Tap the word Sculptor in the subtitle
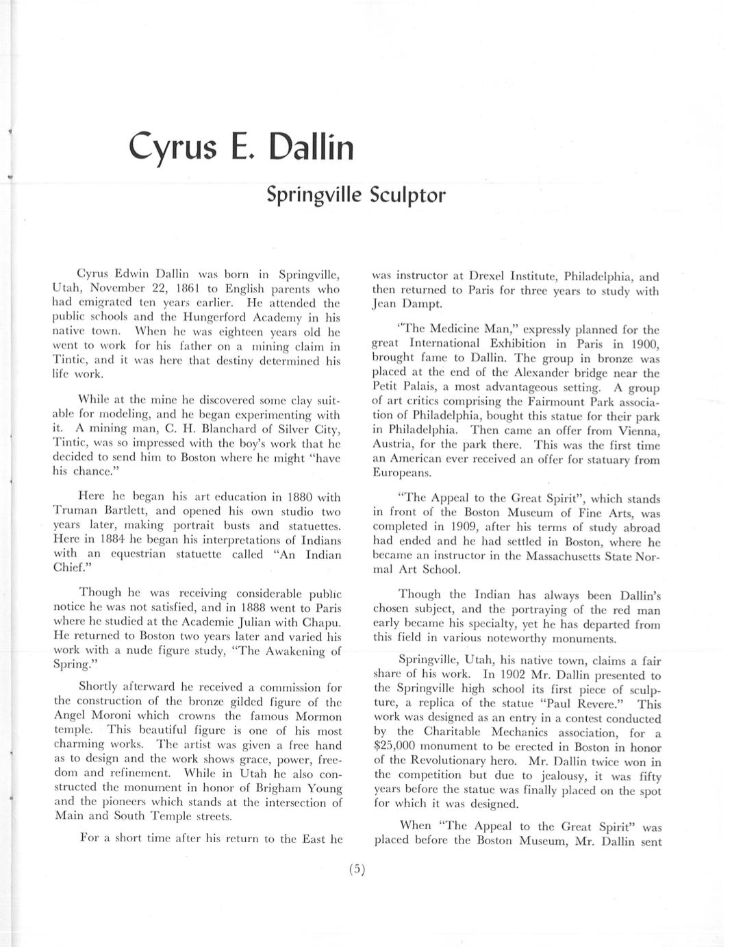407,195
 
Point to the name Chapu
323,622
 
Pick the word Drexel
486,277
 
